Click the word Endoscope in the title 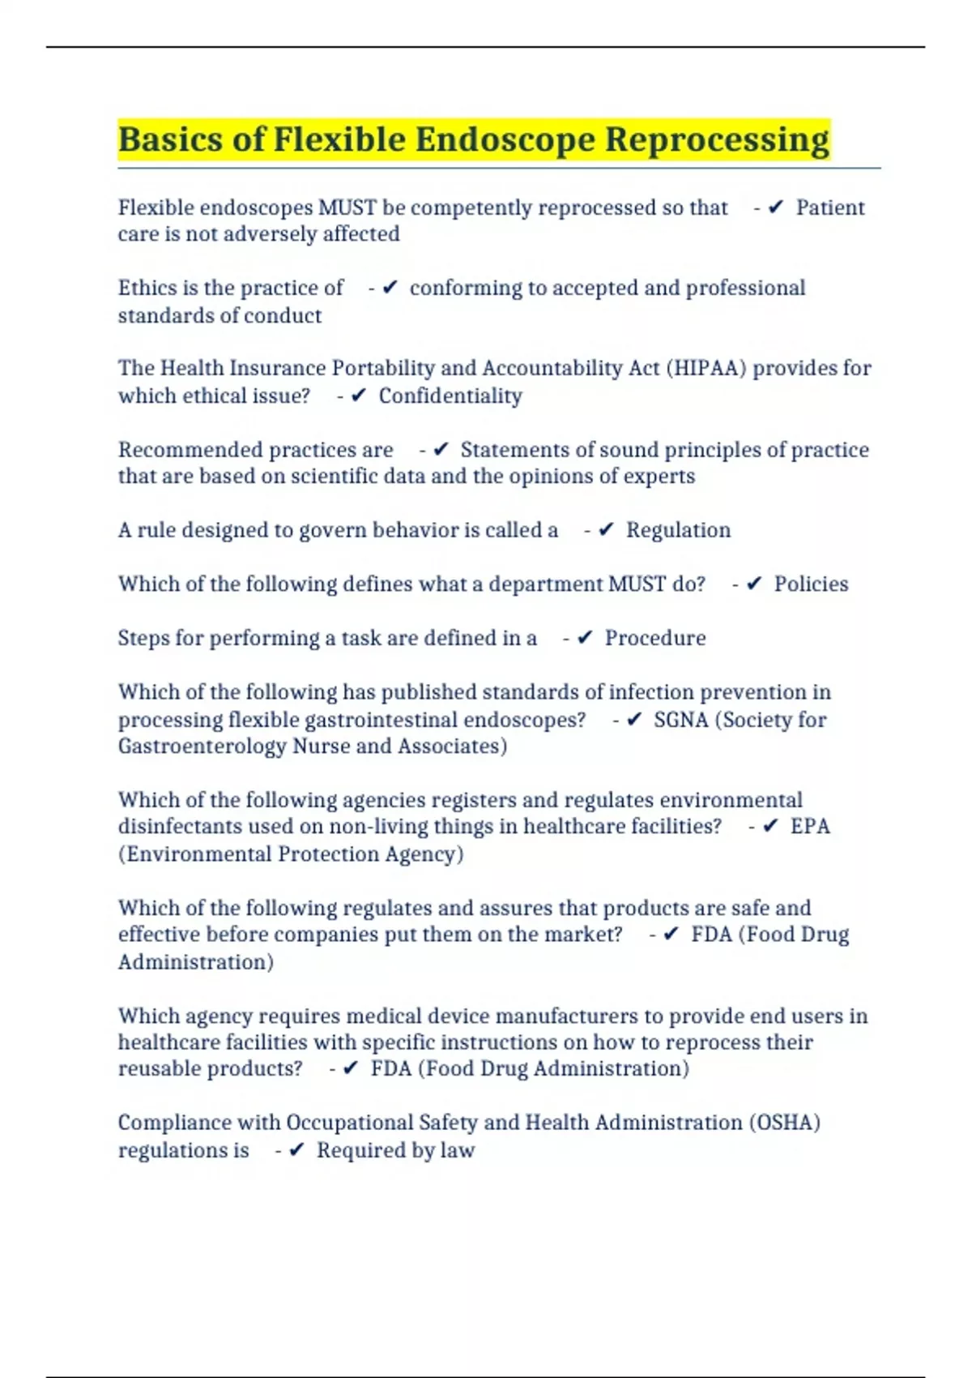(507, 139)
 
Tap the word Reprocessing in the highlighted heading (717, 139)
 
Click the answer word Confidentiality (450, 396)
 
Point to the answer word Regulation (678, 530)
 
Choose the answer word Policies (811, 584)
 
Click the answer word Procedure (655, 638)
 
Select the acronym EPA (810, 826)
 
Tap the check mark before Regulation (606, 530)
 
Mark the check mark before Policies (754, 584)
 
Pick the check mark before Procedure (585, 638)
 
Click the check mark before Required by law (296, 1150)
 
